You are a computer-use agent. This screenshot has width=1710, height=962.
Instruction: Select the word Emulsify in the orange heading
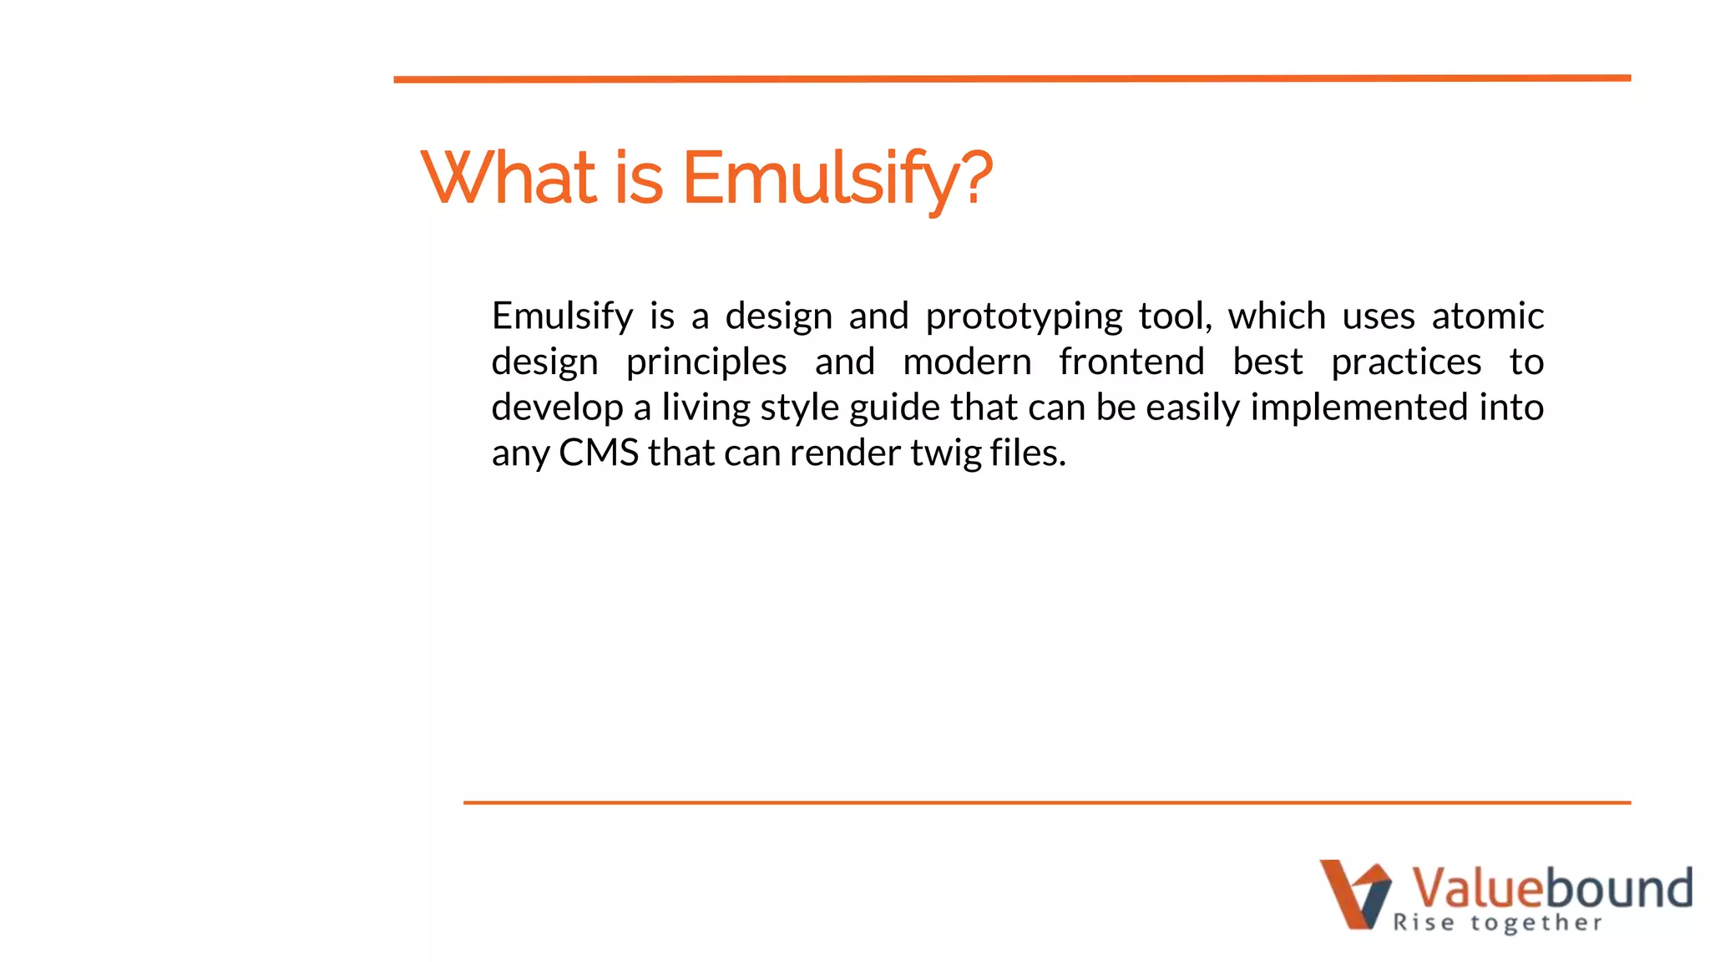pos(818,179)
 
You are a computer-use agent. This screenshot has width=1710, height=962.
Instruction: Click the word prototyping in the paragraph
pos(1024,317)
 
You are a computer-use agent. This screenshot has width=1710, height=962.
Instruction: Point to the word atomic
pos(1487,316)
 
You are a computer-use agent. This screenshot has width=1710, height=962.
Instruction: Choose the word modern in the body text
pos(967,362)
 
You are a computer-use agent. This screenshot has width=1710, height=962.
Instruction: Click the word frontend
pos(1131,362)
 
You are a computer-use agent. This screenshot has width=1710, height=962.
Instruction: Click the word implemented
pos(1358,408)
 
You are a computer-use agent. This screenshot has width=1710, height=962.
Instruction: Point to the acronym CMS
pos(598,453)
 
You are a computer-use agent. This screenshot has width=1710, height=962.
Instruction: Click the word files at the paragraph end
pos(1027,453)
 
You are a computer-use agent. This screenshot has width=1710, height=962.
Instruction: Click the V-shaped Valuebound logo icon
pos(1354,894)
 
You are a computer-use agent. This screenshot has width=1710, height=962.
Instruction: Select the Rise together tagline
pos(1497,923)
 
